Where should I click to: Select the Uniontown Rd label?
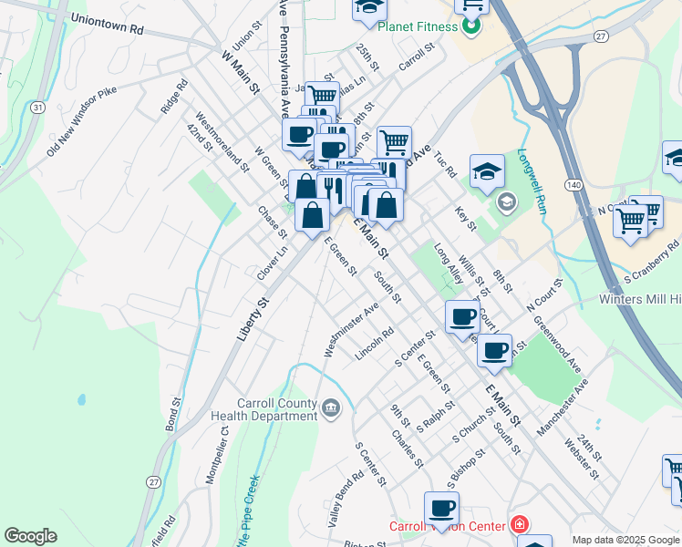pyautogui.click(x=107, y=24)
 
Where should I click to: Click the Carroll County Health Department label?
pyautogui.click(x=263, y=410)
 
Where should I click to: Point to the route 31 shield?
pyautogui.click(x=36, y=108)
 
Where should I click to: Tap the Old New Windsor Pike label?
pyautogui.click(x=82, y=120)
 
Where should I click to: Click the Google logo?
pyautogui.click(x=30, y=536)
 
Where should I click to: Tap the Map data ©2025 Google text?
pyautogui.click(x=625, y=540)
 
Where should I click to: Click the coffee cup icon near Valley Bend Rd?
pyautogui.click(x=442, y=507)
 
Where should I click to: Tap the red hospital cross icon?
pyautogui.click(x=519, y=526)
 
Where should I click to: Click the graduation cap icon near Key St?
pyautogui.click(x=487, y=169)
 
